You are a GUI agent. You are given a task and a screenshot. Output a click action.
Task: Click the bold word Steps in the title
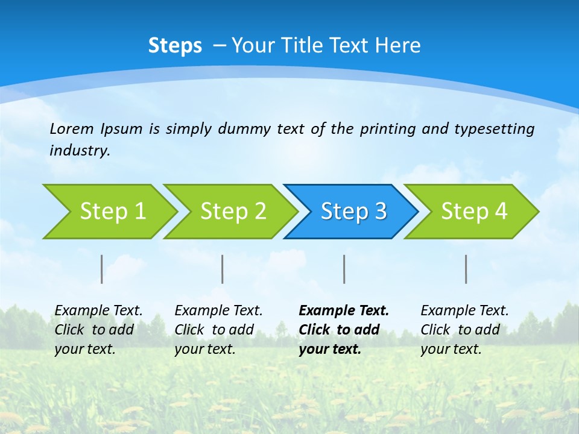175,46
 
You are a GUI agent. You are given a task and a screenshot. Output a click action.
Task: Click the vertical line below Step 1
102,269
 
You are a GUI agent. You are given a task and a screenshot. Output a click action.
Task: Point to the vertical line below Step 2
223,269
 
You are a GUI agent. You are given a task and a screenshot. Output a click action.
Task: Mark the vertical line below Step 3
344,269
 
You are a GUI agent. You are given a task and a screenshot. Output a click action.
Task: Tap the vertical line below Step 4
466,269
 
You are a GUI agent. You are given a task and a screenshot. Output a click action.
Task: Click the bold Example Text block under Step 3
344,330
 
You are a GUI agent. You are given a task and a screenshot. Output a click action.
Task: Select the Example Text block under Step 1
98,330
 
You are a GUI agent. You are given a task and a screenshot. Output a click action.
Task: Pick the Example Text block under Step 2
218,330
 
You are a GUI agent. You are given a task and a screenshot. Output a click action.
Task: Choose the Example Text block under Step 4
464,330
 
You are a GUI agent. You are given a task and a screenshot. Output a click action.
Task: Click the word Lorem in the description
72,128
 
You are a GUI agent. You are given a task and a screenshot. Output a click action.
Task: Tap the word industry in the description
79,151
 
